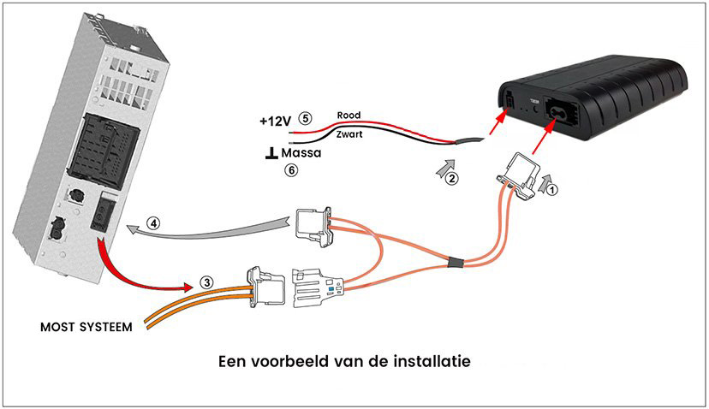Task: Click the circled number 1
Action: coord(553,192)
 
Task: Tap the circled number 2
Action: coord(452,179)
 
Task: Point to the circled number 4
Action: coord(154,224)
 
